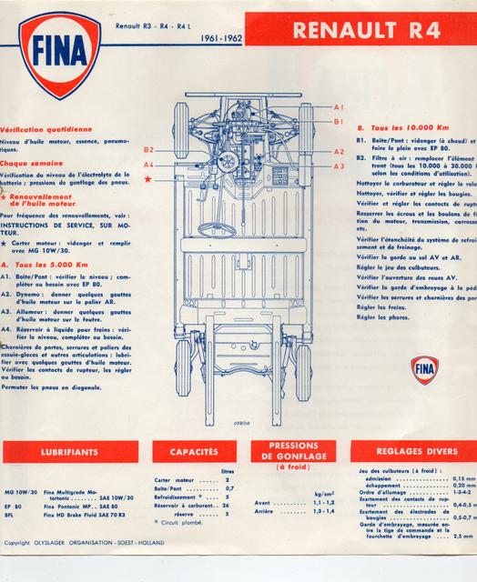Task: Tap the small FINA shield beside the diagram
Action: [424, 368]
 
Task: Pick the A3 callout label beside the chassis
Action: [339, 166]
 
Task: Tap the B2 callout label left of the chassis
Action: [149, 149]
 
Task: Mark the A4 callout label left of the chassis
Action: [149, 165]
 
